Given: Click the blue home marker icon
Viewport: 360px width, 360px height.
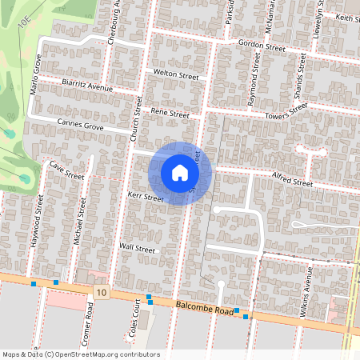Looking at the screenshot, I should tap(180, 173).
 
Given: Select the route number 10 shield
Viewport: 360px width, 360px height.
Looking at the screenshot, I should tap(101, 293).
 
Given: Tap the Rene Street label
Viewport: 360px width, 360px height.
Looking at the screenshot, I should tap(170, 114).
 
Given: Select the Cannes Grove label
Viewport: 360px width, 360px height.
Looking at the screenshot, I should tap(81, 124).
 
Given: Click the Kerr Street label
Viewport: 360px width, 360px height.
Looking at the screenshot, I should tap(146, 197).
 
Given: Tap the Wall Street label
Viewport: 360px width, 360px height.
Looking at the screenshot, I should tap(137, 248).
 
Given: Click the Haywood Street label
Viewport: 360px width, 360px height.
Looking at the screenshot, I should tap(37, 224).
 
